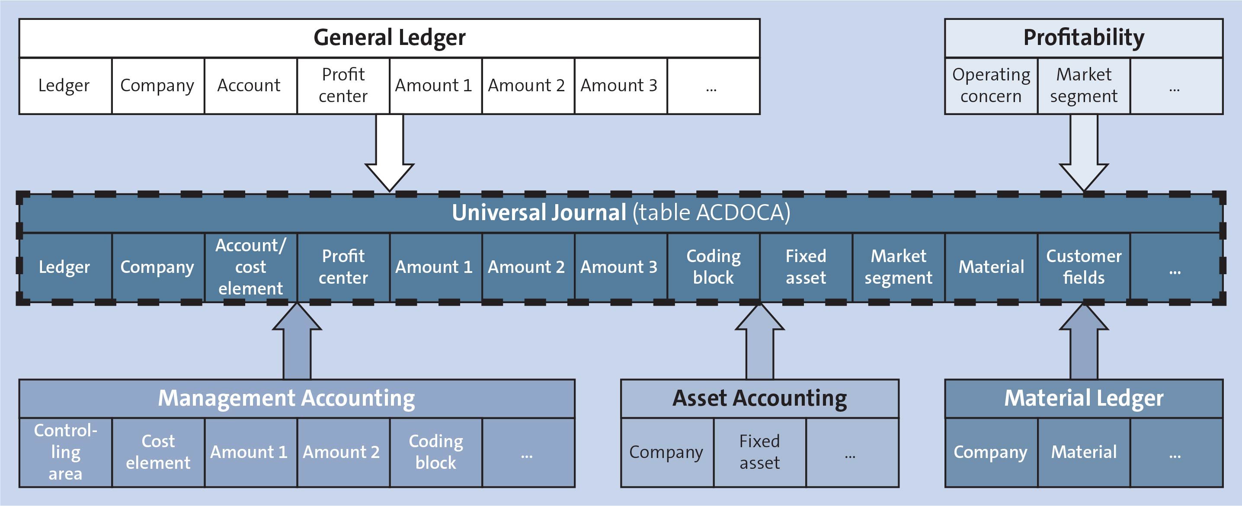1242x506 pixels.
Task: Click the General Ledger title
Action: coord(389,38)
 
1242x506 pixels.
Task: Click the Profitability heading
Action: coord(1083,38)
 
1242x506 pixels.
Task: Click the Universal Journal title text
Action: coord(621,213)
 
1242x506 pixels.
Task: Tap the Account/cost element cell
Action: coord(250,267)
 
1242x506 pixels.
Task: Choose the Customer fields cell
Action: coord(1083,267)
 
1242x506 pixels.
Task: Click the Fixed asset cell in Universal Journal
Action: coord(806,267)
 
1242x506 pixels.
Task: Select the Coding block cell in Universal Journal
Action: coord(713,267)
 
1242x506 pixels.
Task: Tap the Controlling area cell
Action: coord(65,452)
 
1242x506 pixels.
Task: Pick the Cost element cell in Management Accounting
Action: coord(158,452)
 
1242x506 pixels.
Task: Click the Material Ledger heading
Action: coord(1083,398)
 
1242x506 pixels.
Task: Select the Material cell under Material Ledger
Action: coord(1083,452)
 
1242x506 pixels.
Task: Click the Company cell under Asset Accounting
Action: coord(666,452)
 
